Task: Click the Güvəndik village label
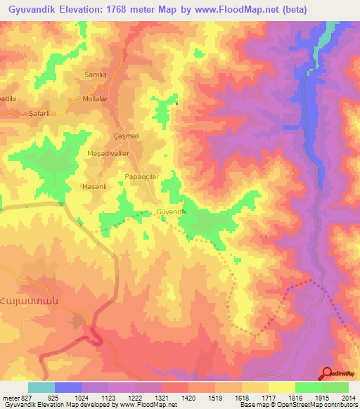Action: pos(171,212)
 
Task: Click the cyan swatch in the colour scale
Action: pos(41,387)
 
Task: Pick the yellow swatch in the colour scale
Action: pos(281,387)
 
